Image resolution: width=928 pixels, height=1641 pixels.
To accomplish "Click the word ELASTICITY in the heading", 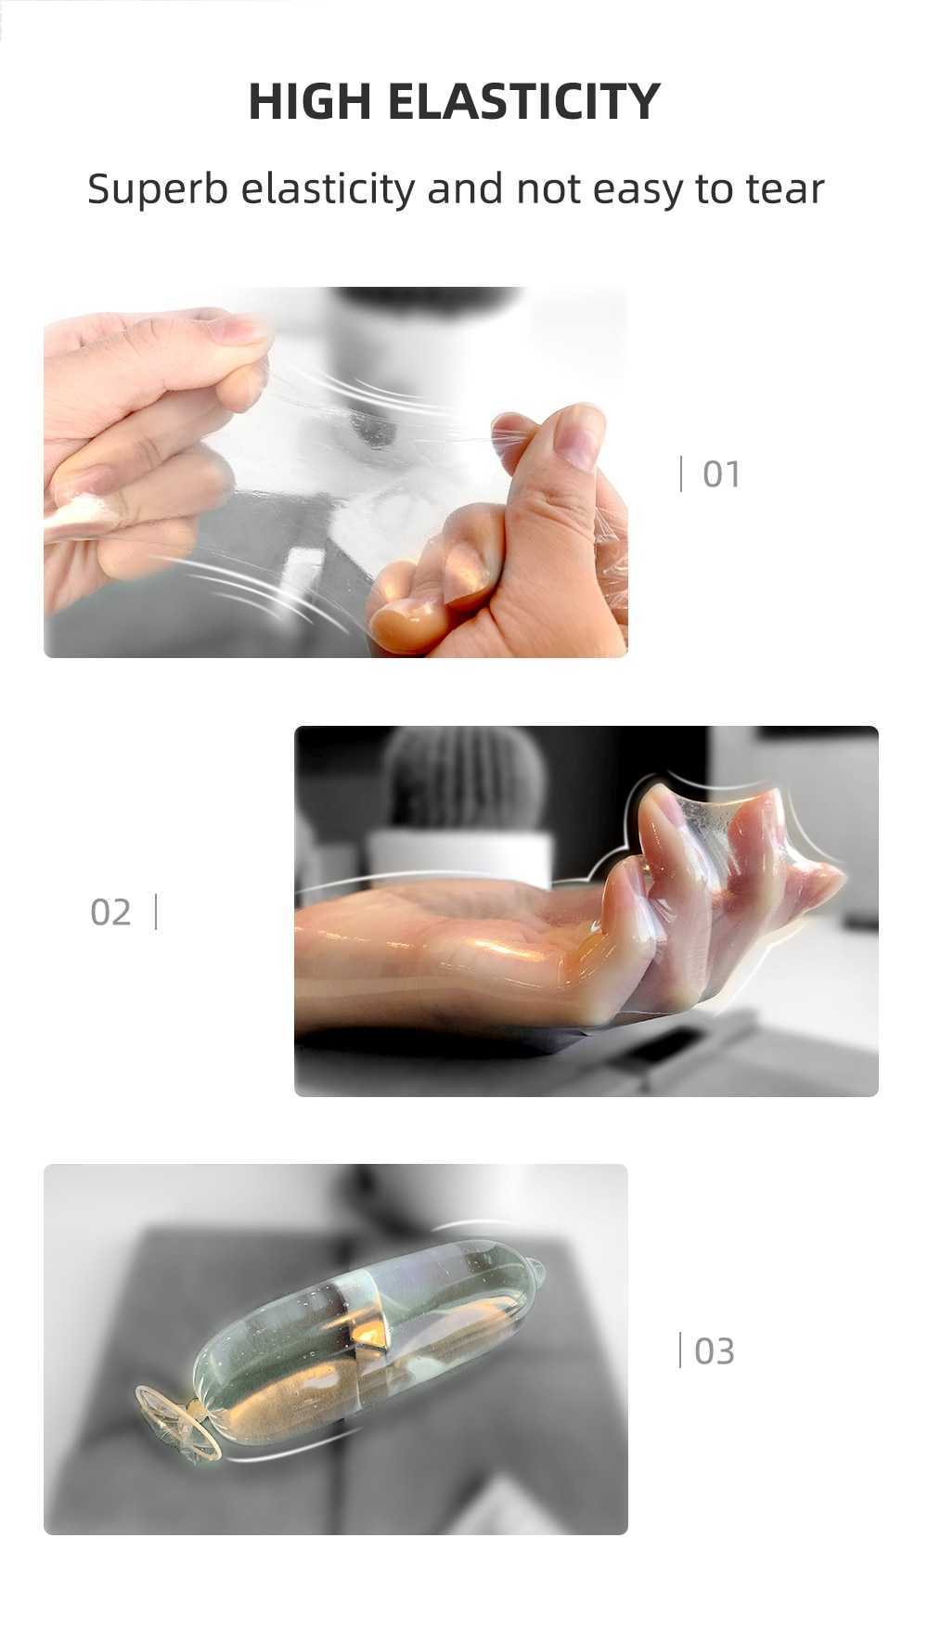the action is coord(523,102).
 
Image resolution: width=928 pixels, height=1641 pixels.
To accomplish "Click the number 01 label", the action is coord(721,474).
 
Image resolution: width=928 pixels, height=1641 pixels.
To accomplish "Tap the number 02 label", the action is coord(110,912).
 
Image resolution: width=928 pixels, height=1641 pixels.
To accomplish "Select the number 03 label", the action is coord(714,1351).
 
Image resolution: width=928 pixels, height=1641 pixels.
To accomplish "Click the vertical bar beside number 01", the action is coord(681,473).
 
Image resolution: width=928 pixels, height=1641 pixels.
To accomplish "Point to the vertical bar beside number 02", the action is coord(155,911).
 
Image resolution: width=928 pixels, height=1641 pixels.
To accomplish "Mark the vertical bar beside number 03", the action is coord(680,1350).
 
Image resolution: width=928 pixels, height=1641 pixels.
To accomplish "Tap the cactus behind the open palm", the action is coord(463,780).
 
